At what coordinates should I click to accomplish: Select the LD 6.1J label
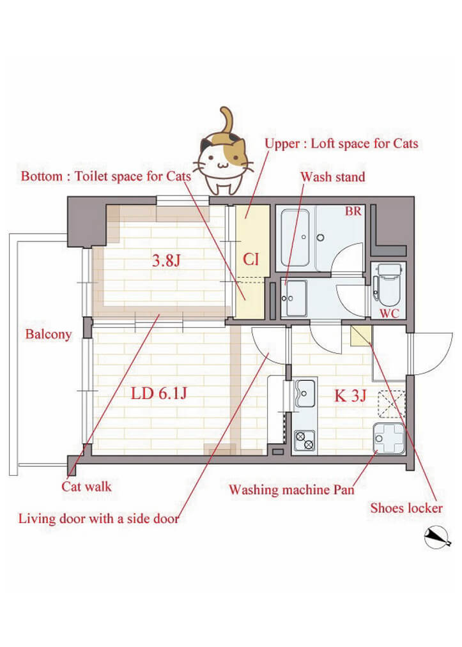coord(158,393)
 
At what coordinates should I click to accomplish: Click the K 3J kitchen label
coord(350,395)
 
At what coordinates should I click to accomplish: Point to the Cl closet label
coord(250,260)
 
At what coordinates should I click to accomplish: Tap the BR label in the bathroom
coord(353,211)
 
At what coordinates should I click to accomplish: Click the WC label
coord(390,314)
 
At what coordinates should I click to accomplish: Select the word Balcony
coord(49,334)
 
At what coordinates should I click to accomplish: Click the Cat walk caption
coord(86,487)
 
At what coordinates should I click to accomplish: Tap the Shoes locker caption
coord(406,508)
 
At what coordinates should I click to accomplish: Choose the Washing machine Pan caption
coord(291,491)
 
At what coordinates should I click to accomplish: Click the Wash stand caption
coord(332,176)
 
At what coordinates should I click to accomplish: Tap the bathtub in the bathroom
coord(295,238)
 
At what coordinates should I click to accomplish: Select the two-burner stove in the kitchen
coord(304,439)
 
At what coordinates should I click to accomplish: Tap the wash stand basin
coord(295,297)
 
